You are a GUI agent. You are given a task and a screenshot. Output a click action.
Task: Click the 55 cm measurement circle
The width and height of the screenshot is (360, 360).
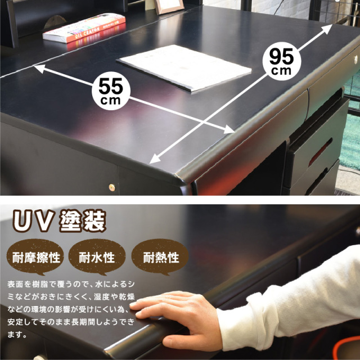click(x=111, y=91)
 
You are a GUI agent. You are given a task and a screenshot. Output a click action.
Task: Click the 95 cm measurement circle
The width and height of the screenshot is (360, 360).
click(x=281, y=61)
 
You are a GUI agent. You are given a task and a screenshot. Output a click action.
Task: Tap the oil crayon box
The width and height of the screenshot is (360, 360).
click(x=84, y=28)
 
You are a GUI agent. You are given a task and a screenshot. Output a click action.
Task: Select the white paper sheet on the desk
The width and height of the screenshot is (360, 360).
click(x=184, y=67)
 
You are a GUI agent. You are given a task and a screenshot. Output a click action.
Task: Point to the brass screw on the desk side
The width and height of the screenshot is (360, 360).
click(x=112, y=187)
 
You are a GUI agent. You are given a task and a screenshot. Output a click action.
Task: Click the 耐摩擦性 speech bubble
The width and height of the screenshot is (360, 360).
click(x=35, y=256)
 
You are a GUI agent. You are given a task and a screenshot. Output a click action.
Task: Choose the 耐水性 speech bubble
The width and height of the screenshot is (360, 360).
click(x=97, y=256)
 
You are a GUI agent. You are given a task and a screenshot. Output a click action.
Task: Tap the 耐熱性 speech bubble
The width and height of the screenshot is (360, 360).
click(x=160, y=256)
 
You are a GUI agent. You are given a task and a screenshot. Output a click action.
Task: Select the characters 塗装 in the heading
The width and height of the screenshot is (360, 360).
click(x=83, y=220)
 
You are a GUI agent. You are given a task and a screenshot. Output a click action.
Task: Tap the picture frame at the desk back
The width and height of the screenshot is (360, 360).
click(x=169, y=6)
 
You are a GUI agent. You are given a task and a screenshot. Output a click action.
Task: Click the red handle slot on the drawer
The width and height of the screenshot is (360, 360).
click(x=320, y=152)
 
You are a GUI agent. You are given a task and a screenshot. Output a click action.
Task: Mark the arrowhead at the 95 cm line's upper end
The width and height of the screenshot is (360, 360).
click(x=327, y=29)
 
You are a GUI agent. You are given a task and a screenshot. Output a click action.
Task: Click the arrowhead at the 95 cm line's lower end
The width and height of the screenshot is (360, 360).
click(x=155, y=159)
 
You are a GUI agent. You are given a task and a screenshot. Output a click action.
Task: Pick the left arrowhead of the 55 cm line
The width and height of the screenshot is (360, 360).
click(x=39, y=69)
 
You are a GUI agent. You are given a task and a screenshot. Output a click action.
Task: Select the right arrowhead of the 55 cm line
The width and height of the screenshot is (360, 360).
click(x=229, y=129)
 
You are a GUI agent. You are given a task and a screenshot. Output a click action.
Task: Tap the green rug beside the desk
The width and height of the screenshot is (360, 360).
click(x=350, y=138)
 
